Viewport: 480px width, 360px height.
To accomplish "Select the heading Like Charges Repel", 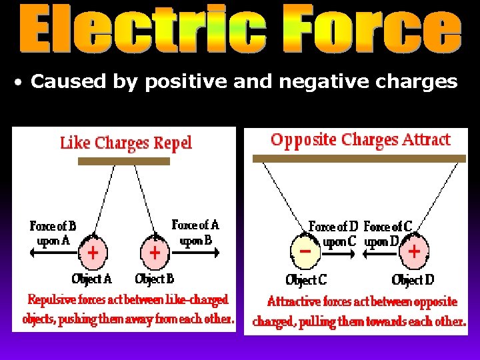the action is [126, 142].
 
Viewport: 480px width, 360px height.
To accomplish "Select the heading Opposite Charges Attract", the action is [360, 140].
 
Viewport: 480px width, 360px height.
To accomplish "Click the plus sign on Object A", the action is [93, 253].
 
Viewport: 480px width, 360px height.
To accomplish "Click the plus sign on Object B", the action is [154, 253].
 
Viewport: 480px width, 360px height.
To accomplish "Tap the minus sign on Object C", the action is [305, 252].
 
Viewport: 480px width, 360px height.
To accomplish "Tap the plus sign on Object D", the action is [414, 251].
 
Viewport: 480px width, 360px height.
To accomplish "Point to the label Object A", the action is [92, 278].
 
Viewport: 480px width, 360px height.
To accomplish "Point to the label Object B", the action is [154, 278].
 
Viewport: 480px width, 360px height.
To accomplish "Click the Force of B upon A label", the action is [53, 233].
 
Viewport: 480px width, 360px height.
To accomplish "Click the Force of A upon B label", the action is [195, 232].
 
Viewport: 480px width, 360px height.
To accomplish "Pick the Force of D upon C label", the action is [333, 234].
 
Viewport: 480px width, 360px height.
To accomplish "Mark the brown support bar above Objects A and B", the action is [124, 161].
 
